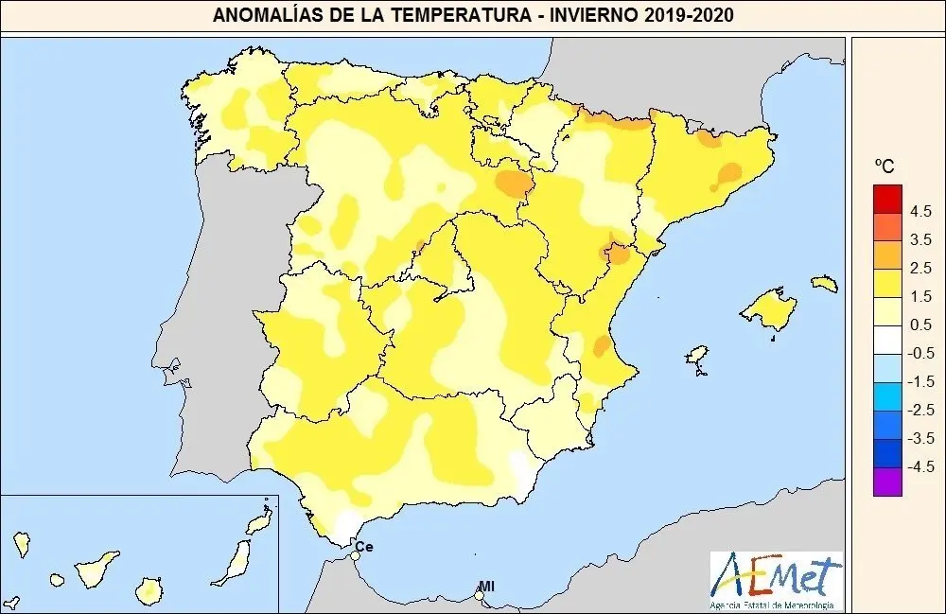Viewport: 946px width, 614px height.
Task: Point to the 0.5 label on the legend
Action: tap(920, 325)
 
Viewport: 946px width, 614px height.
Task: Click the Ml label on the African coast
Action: tap(486, 587)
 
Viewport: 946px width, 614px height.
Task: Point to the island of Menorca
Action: tap(824, 282)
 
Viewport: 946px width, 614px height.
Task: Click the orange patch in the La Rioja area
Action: tap(514, 184)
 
